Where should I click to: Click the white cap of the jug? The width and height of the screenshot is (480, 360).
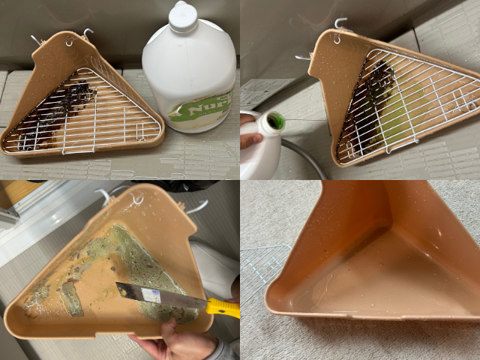coord(183,16)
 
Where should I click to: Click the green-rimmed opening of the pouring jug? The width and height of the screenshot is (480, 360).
coord(275,121)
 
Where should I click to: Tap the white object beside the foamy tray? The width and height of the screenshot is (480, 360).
coord(214,266)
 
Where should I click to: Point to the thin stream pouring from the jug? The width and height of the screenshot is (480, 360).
coord(300,120)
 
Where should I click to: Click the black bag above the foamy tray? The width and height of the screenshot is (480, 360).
coord(180,184)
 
